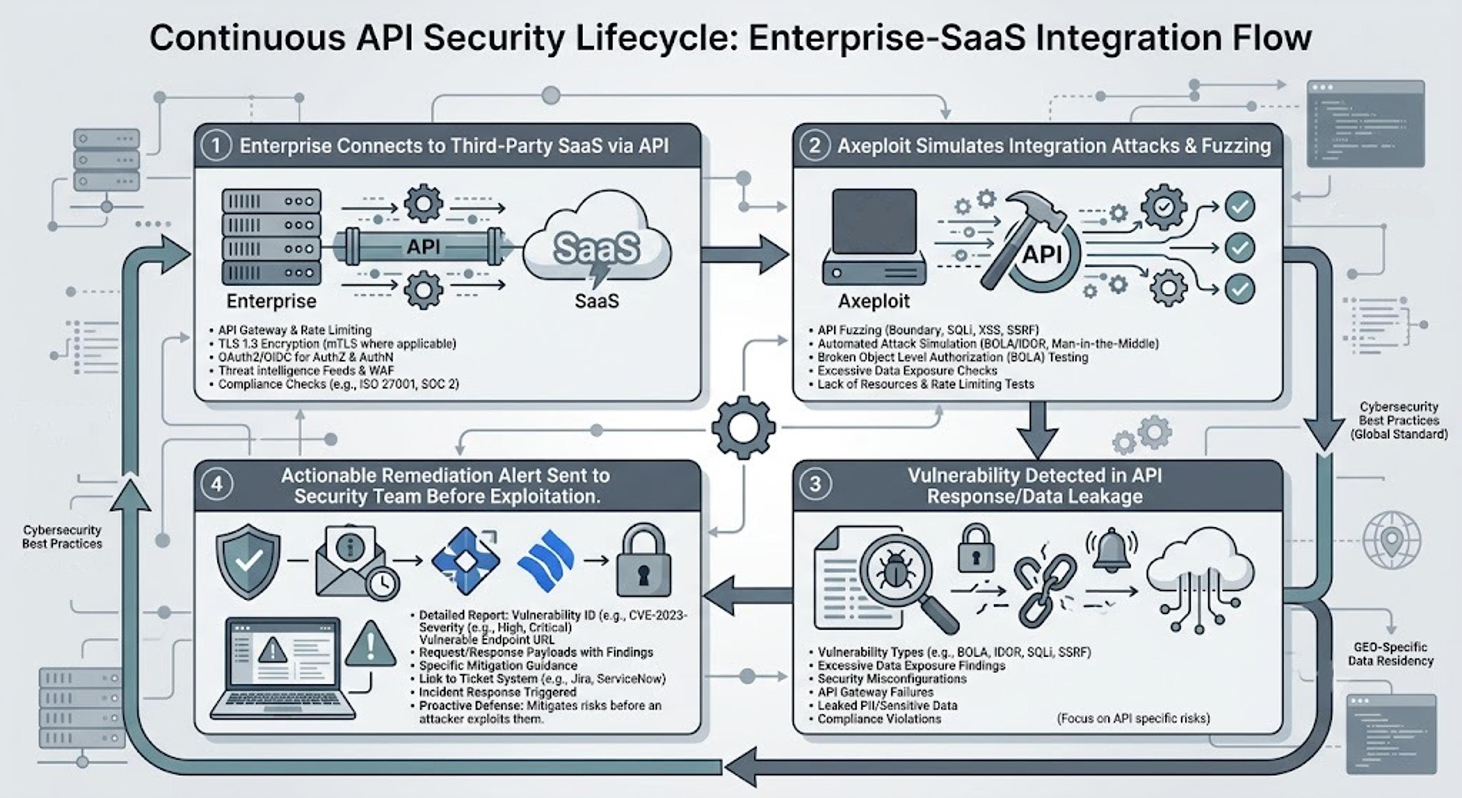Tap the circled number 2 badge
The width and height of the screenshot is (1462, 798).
[x=814, y=146]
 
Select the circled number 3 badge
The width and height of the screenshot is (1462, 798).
[x=815, y=484]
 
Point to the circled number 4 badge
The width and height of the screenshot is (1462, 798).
[x=217, y=484]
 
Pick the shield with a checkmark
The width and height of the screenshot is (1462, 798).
[x=248, y=561]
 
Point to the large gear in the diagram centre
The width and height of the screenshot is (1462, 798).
[x=743, y=428]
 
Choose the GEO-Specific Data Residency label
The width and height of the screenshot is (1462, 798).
[x=1390, y=654]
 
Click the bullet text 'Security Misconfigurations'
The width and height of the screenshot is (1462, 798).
[x=892, y=679]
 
